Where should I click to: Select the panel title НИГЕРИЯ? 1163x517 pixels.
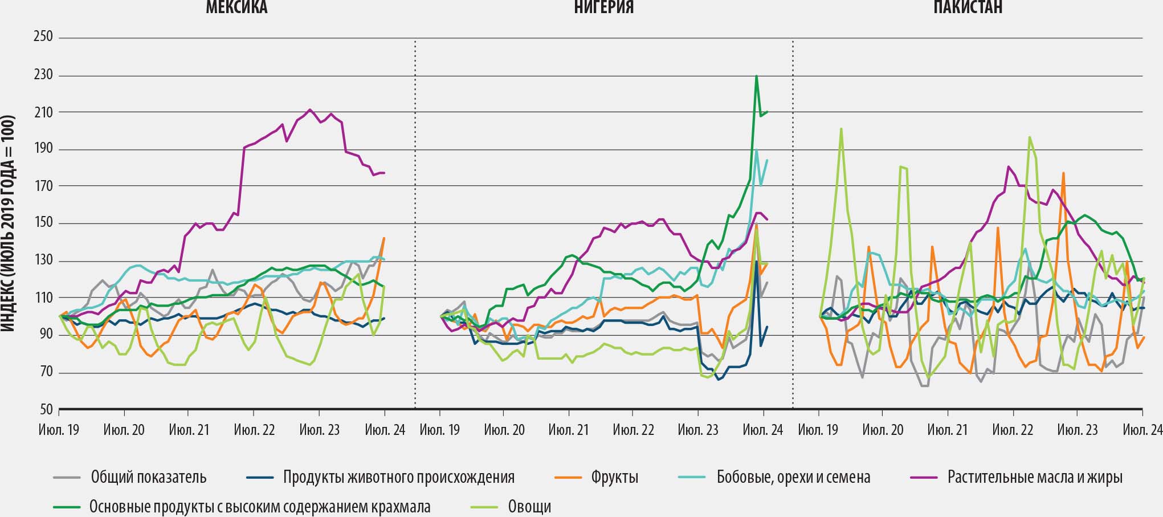tap(603, 7)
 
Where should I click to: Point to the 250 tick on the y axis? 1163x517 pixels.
tap(43, 37)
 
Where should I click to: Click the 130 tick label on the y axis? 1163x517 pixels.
tap(43, 260)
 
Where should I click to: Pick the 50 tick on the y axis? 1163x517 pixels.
tap(46, 409)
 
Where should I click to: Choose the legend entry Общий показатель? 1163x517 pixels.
tap(148, 477)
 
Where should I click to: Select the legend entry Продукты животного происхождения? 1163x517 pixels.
tap(398, 477)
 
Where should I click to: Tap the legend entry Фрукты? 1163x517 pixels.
tap(614, 477)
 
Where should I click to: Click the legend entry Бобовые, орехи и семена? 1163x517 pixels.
tap(793, 477)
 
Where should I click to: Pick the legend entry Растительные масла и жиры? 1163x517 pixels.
tap(1034, 477)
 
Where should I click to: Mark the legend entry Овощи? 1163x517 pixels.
tap(529, 507)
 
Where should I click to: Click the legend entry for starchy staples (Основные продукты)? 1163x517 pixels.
tap(259, 507)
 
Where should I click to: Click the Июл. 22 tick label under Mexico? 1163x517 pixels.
tap(254, 429)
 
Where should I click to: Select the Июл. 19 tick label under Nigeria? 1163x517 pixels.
tap(439, 429)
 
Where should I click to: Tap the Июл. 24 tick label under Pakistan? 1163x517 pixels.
tap(1142, 429)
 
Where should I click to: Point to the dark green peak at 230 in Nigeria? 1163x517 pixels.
tap(756, 76)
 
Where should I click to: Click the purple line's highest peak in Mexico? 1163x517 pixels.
tap(309, 109)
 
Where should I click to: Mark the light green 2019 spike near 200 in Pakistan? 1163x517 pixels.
tap(841, 129)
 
